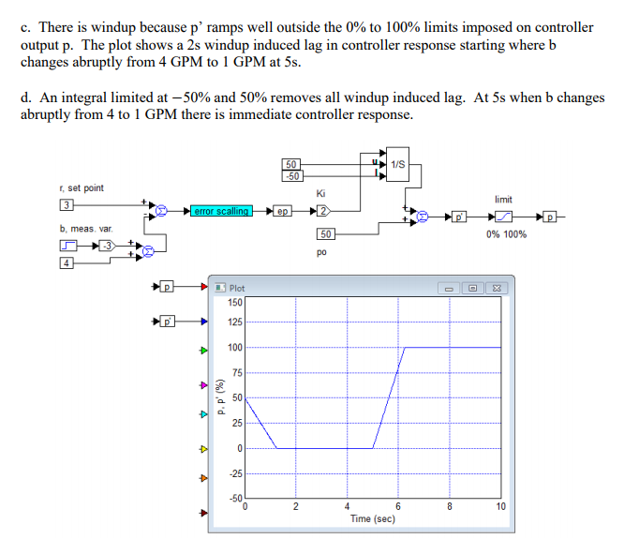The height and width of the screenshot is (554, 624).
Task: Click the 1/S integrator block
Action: point(397,164)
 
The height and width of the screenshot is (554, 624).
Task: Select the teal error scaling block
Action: point(220,211)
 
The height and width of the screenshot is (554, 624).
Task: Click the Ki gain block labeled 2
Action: point(323,211)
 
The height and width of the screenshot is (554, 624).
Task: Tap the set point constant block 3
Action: point(67,205)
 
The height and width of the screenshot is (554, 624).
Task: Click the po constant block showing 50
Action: point(325,234)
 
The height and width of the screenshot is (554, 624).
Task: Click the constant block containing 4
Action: point(67,262)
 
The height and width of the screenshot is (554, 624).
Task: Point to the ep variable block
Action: point(283,211)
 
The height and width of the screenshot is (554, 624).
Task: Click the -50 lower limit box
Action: point(293,175)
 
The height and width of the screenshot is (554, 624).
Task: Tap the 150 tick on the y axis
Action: point(235,302)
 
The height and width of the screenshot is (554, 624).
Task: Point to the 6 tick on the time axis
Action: point(398,507)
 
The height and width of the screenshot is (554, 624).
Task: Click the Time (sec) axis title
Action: point(372,518)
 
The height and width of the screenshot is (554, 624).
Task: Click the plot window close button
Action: point(498,287)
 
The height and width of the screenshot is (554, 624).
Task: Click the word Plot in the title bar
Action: point(237,288)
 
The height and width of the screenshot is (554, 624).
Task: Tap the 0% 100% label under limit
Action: point(506,234)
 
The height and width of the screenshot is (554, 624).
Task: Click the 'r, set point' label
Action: point(81,187)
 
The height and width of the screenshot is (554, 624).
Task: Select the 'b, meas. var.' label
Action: point(84,228)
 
